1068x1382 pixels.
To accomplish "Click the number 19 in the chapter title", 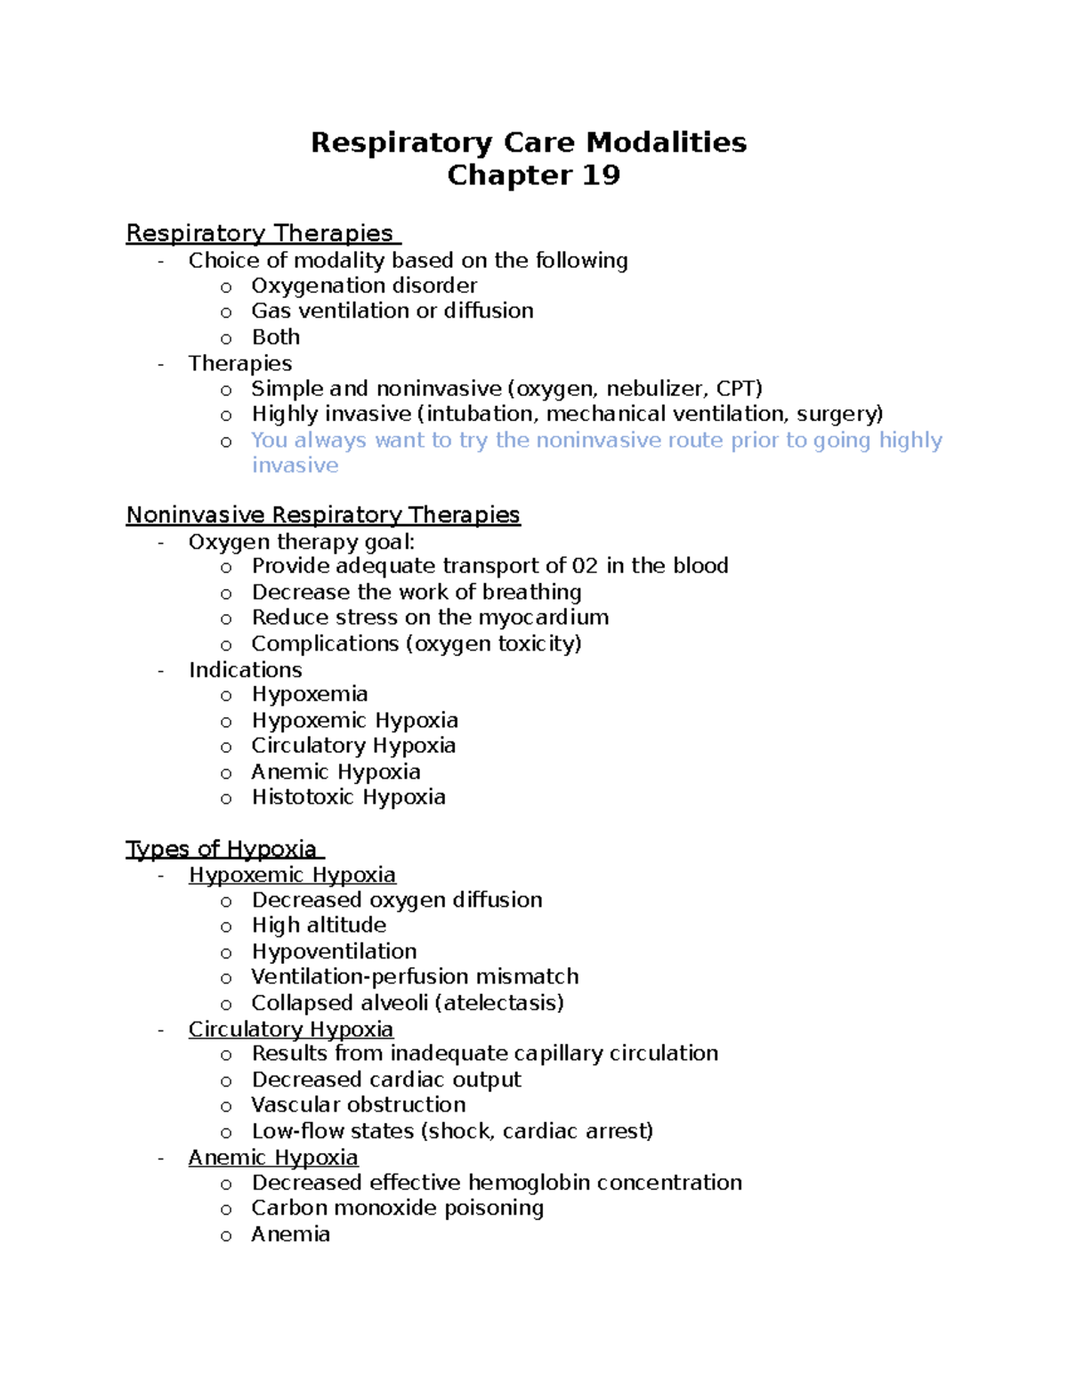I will click(601, 175).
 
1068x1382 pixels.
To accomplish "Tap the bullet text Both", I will click(276, 337).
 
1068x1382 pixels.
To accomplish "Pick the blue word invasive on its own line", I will click(295, 465).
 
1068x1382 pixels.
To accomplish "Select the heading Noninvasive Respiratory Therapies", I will click(322, 515).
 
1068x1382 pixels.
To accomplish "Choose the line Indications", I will click(245, 670).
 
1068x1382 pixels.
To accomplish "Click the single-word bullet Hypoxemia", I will click(310, 694).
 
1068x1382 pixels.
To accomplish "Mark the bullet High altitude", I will click(319, 925).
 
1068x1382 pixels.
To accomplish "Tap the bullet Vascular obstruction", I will click(358, 1105).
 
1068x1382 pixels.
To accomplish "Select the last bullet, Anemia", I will click(290, 1234).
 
